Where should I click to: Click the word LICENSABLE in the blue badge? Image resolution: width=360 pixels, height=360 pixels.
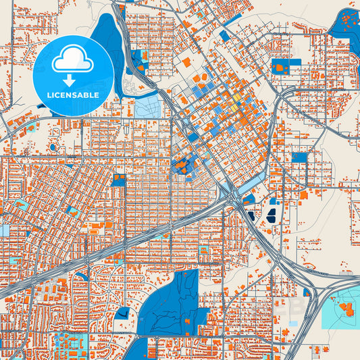[x=73, y=95]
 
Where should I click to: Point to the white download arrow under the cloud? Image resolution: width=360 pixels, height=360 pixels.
[x=72, y=79]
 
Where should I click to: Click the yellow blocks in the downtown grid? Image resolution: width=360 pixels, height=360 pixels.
[x=235, y=107]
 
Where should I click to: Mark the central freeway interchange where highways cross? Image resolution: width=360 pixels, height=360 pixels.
[x=230, y=196]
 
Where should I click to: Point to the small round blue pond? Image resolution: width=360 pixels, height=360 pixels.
[x=53, y=147]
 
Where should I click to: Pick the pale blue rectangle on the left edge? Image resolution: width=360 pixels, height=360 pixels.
[x=5, y=230]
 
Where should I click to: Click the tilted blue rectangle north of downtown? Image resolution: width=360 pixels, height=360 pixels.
[x=224, y=34]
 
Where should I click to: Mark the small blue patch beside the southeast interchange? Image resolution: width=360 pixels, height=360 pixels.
[x=307, y=292]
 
